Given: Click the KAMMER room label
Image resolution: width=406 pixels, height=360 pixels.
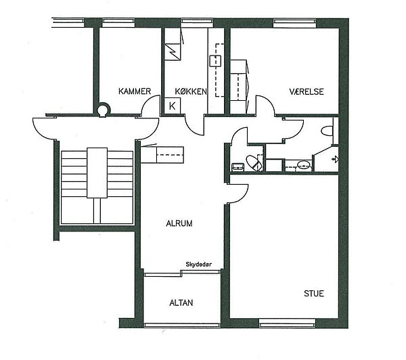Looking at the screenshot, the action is [x=135, y=91].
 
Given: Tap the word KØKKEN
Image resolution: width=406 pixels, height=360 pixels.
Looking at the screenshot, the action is [x=191, y=91].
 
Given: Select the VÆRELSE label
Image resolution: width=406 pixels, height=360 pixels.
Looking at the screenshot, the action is [x=307, y=91].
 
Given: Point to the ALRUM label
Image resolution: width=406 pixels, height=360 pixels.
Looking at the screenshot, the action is [x=179, y=223].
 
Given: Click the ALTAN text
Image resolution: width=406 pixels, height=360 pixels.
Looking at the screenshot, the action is [x=181, y=302].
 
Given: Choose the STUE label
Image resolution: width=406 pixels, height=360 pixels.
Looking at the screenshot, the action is [x=314, y=294].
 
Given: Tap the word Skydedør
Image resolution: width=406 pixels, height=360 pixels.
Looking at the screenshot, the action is [x=199, y=265].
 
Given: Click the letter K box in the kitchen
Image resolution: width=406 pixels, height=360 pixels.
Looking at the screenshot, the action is [x=172, y=106].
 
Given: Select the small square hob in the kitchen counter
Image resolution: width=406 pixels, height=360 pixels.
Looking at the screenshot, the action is [x=215, y=61].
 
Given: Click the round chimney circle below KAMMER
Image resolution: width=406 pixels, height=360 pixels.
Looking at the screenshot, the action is [x=103, y=110].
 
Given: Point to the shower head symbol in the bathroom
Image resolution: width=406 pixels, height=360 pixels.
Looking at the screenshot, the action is [x=336, y=159].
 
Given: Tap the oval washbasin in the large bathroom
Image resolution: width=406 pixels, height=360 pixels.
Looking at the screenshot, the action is [x=303, y=164].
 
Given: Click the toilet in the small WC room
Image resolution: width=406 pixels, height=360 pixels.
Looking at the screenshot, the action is [x=254, y=162].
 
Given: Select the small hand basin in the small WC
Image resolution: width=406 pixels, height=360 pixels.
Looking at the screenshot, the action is [x=238, y=166].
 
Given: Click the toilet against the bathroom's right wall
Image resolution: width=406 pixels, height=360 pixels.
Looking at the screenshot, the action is [x=327, y=131].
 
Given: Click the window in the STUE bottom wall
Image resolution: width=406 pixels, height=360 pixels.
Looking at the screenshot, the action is [x=287, y=322].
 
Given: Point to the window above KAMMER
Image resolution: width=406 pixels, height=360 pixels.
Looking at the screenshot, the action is [x=119, y=22].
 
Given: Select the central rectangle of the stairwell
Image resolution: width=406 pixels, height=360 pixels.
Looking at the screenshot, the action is [x=97, y=173].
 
